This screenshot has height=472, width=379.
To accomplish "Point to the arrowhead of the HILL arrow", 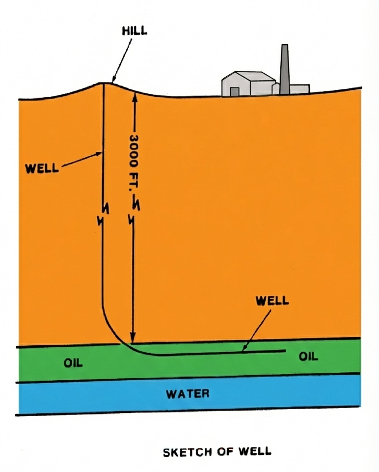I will (112, 81).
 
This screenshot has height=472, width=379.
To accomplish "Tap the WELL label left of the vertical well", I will (41, 168).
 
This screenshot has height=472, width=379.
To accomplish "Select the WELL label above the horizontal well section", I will (272, 301).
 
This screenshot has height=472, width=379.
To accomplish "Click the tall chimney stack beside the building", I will (284, 66).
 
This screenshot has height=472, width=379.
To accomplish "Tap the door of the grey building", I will (235, 91).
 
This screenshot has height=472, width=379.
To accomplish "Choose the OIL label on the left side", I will (73, 363).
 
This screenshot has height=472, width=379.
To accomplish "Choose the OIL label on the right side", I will (308, 357).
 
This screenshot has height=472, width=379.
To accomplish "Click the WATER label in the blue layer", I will (188, 393).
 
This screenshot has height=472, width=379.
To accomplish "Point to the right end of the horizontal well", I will (285, 351).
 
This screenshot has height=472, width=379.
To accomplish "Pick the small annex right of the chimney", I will (299, 88).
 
